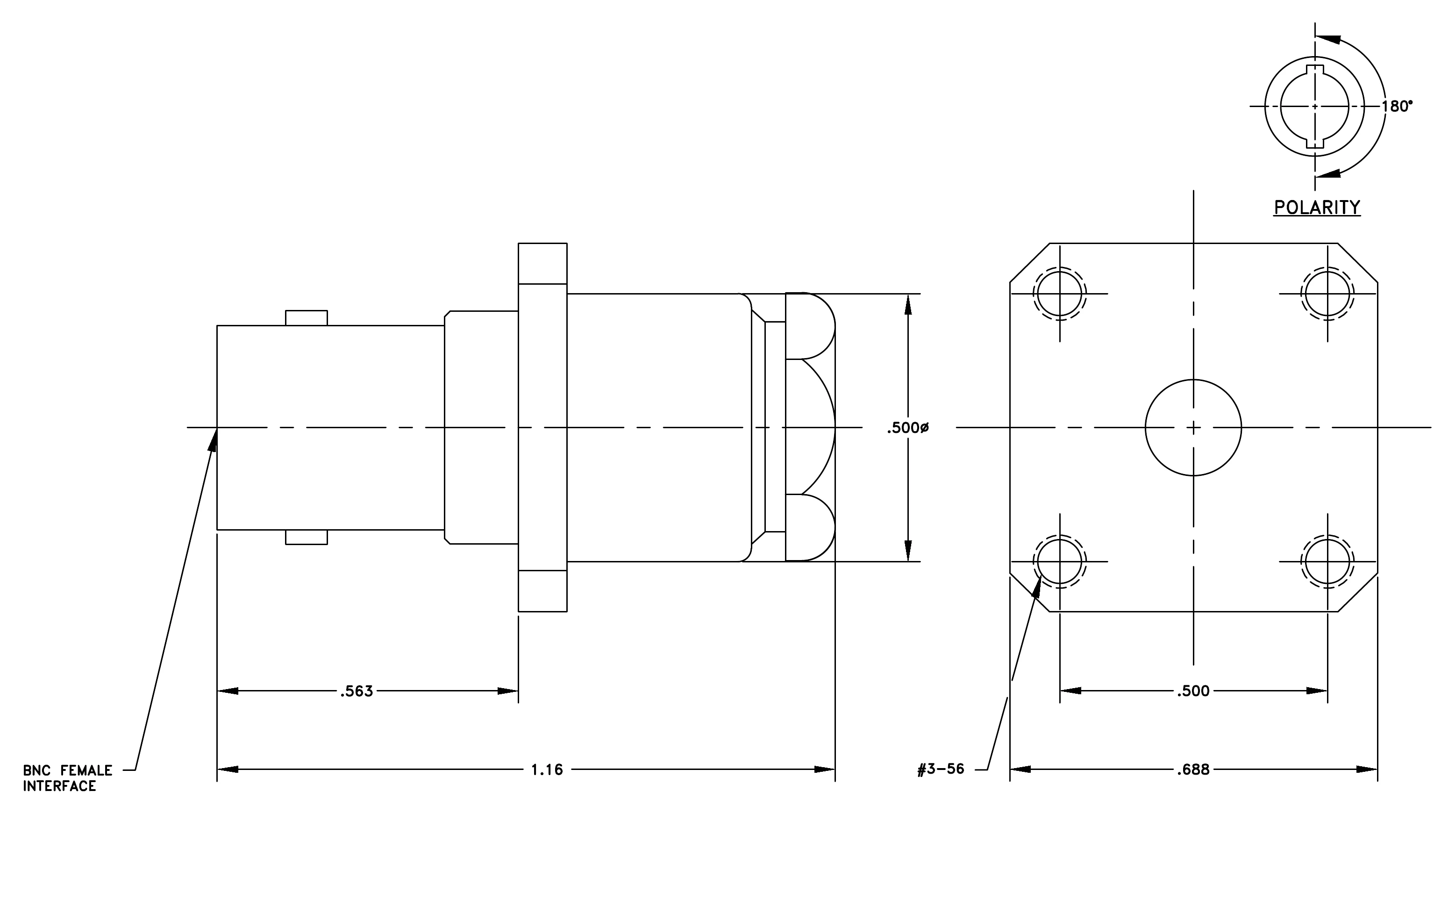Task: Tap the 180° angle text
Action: (x=1397, y=106)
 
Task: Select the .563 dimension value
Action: (x=357, y=691)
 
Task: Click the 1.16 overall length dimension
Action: (x=547, y=769)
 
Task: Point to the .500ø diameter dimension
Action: (x=907, y=428)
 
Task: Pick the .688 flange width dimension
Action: (x=1193, y=769)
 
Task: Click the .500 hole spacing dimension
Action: (x=1193, y=691)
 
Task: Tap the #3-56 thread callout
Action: (x=941, y=769)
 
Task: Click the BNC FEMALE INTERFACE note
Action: (x=67, y=778)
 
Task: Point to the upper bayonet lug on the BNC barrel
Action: (x=306, y=318)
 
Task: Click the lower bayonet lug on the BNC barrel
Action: (x=306, y=537)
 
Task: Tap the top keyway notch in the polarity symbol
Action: (x=1315, y=70)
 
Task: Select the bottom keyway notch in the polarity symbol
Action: (x=1315, y=143)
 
